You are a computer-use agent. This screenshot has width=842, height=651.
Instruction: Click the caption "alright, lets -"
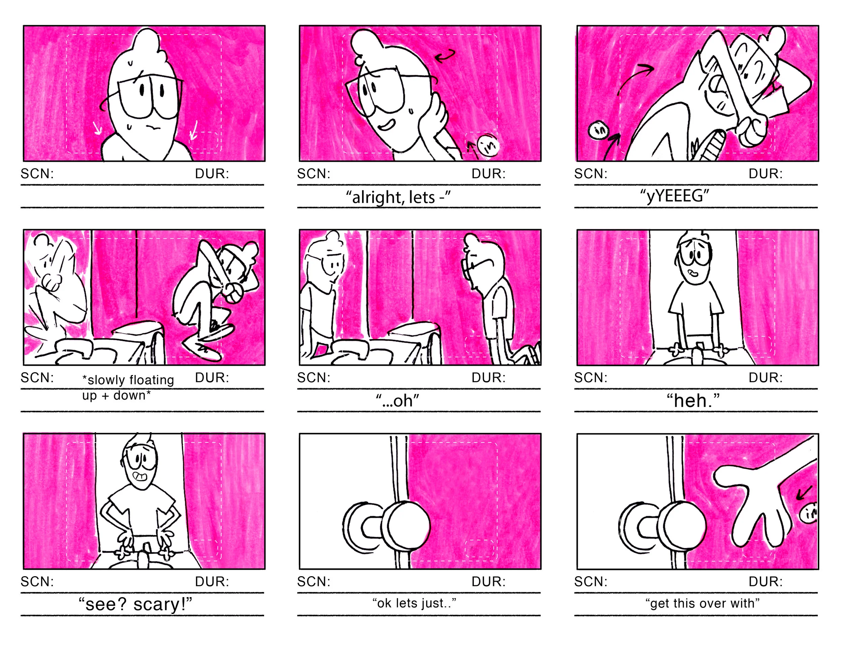click(x=398, y=197)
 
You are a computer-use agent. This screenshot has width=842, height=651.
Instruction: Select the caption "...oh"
click(x=397, y=401)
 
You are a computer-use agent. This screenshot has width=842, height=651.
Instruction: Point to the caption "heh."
click(x=693, y=400)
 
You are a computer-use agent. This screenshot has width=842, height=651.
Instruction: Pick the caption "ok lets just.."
click(x=414, y=603)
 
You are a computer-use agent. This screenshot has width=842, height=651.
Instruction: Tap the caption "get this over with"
click(x=703, y=603)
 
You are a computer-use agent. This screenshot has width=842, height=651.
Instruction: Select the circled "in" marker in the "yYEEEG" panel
click(x=598, y=130)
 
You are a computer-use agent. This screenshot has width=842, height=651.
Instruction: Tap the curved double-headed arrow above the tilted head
click(x=445, y=57)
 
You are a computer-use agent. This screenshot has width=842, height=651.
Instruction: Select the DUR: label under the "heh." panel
click(x=765, y=378)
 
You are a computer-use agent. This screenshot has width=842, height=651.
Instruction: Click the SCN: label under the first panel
click(x=37, y=174)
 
